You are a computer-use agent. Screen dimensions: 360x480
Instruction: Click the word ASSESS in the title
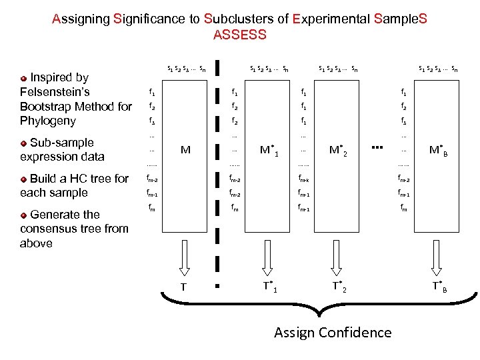[x=239, y=35]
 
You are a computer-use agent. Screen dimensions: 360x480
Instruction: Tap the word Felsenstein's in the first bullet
[x=55, y=92]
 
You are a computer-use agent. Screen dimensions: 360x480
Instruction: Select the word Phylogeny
[x=47, y=121]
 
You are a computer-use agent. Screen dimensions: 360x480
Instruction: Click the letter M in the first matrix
[x=185, y=150]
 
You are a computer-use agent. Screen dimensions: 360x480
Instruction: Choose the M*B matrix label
[x=437, y=150]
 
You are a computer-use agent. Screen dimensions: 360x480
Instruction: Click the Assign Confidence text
[x=333, y=332]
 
